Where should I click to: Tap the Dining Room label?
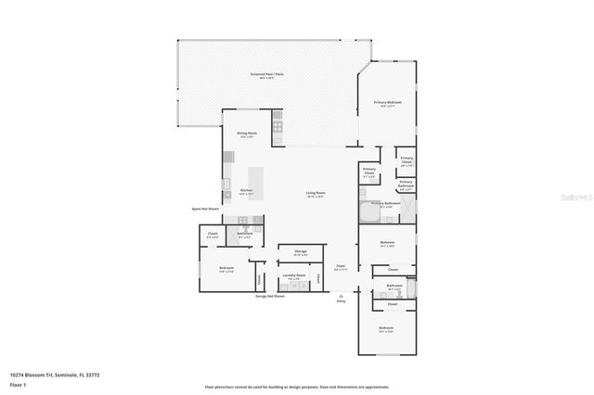[246, 134]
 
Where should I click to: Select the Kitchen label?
[246, 193]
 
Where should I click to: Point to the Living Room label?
[316, 194]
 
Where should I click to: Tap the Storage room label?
[301, 252]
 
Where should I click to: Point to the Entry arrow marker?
[341, 294]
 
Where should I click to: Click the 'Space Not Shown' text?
[203, 209]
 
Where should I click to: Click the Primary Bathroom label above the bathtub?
[387, 203]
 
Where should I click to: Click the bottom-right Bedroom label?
[386, 328]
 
